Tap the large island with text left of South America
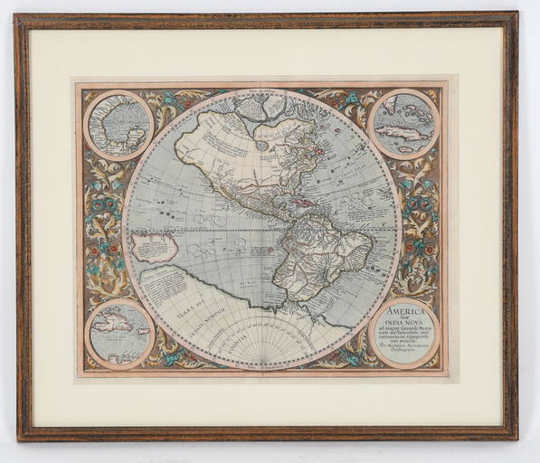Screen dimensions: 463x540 (x=154, y=248)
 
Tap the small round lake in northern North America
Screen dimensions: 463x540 (x=261, y=143)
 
